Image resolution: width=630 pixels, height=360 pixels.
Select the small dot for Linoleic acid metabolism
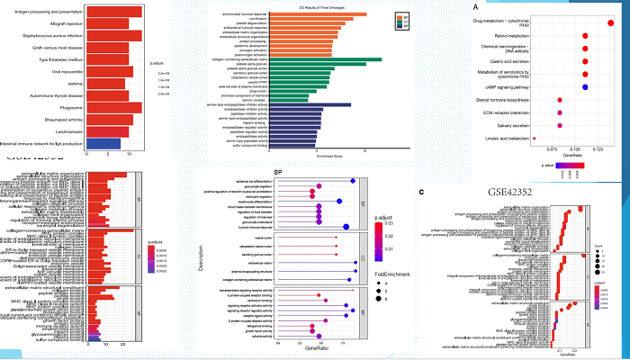point(534,139)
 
